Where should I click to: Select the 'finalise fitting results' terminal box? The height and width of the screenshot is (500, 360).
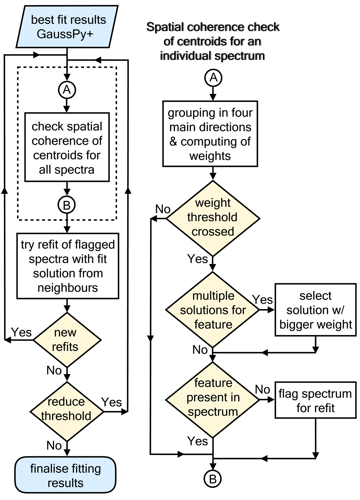click(x=65, y=475)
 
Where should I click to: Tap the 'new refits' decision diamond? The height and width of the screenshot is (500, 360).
click(x=67, y=340)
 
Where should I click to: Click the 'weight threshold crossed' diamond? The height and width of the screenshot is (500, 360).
click(x=213, y=218)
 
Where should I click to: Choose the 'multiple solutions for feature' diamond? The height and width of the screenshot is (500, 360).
click(x=213, y=310)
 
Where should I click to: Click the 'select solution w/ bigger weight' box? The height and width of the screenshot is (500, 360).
click(x=316, y=310)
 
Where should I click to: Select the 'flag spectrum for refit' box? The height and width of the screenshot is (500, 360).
click(x=316, y=400)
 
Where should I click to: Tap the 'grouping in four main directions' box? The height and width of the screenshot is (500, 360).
click(x=210, y=134)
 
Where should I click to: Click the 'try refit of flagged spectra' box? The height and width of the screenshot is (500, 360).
click(x=68, y=266)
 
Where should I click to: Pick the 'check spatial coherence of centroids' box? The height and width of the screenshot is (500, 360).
click(x=67, y=147)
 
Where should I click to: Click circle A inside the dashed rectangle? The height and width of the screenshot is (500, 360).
click(x=67, y=90)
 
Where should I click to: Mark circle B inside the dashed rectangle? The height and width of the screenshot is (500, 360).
click(x=67, y=205)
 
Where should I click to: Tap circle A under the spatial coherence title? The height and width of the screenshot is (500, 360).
click(x=213, y=78)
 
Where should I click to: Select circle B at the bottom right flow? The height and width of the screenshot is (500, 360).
click(x=213, y=479)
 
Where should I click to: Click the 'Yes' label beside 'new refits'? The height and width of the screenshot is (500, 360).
click(x=21, y=332)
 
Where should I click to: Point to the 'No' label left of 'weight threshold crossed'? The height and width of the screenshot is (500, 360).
click(x=163, y=209)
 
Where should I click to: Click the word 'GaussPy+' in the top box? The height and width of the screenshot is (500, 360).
click(x=65, y=34)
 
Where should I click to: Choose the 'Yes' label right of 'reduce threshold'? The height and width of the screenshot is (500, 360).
click(x=112, y=402)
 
